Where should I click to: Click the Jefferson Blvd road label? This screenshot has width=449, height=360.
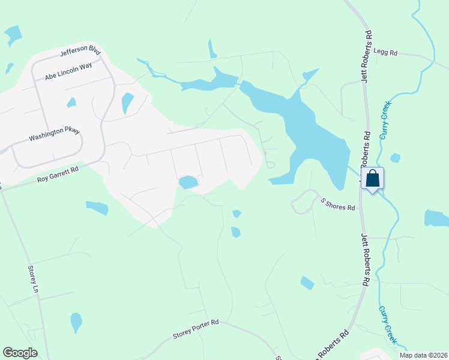80,52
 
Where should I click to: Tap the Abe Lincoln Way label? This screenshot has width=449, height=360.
68,71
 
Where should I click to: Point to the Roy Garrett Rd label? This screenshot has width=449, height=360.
58,175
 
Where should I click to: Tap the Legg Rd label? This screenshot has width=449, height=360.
385,53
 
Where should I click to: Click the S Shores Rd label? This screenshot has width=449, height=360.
337,204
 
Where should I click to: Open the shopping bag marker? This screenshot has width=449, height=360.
372,178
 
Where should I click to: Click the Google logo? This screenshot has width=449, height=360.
20,353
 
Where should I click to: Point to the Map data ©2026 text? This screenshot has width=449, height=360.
426,355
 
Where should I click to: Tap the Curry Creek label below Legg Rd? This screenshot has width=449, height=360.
385,119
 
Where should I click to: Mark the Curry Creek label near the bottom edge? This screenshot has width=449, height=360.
387,324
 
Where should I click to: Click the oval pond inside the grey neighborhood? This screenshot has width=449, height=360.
188,182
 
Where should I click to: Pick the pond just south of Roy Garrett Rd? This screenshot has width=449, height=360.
97,208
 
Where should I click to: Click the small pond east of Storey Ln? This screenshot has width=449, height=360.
76,322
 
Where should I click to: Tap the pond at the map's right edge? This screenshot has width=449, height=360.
437,218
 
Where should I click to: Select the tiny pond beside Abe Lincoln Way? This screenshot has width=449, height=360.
71,103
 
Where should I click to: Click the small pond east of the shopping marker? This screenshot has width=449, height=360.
395,158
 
